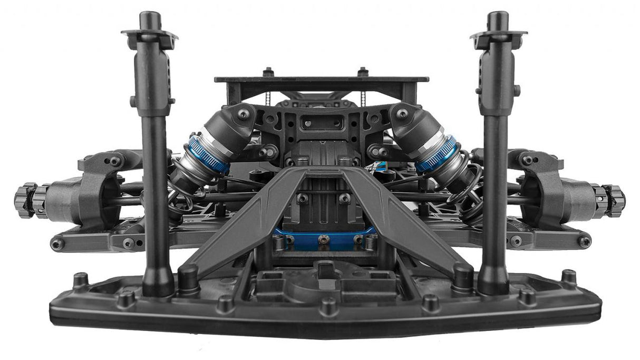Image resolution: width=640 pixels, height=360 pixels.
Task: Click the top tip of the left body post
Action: pos(149,16)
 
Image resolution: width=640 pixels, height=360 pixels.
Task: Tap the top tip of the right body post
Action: pos(497,16)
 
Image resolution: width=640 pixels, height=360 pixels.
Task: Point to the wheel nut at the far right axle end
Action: pos(615,200)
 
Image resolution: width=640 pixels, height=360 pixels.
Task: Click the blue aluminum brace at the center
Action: pos(324,238)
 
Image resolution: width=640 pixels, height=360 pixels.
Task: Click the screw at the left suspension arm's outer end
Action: pos(57,244)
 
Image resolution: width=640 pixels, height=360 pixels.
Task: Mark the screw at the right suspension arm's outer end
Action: pos(584,242)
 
